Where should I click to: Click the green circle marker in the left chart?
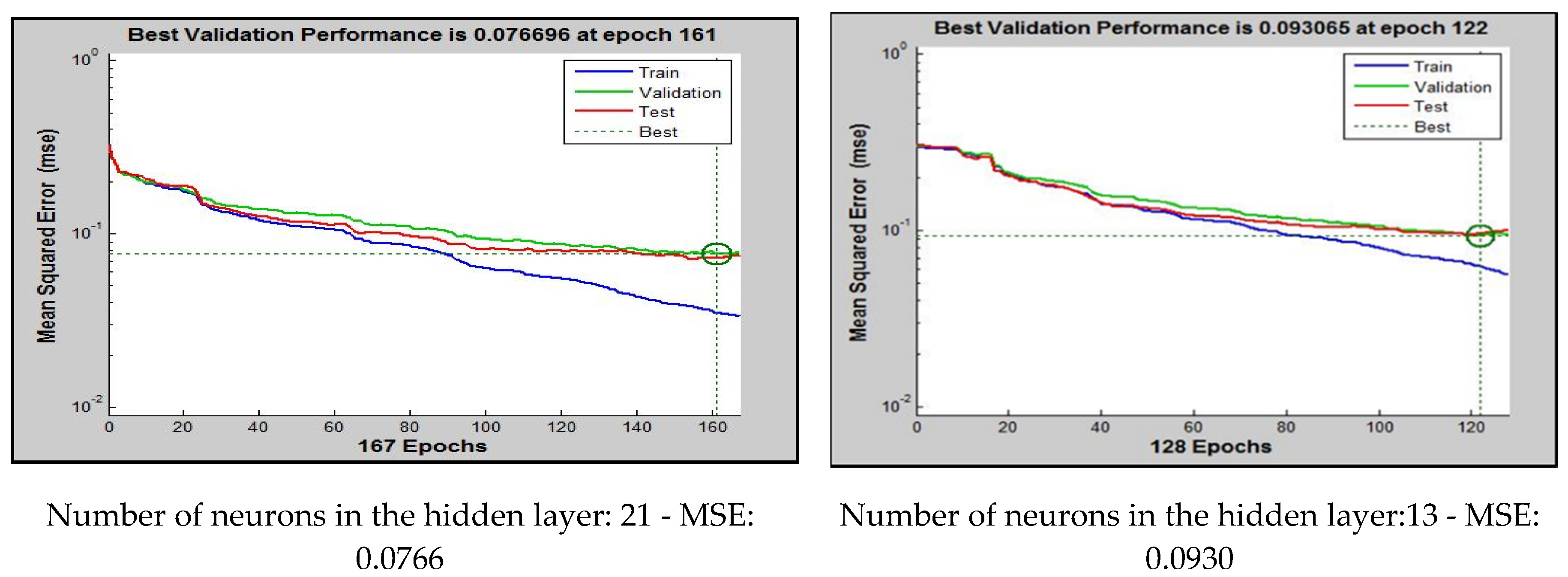(717, 253)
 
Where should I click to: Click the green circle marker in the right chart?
(1480, 235)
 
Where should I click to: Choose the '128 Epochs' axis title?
(1210, 447)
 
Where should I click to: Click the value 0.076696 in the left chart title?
(522, 35)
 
